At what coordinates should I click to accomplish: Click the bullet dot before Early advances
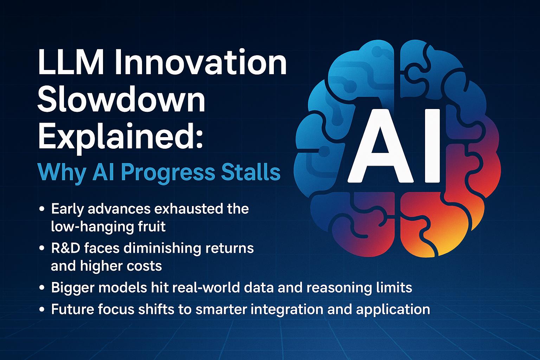point(42,209)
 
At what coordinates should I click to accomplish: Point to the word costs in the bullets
point(145,266)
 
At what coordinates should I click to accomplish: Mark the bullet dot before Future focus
point(42,310)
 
